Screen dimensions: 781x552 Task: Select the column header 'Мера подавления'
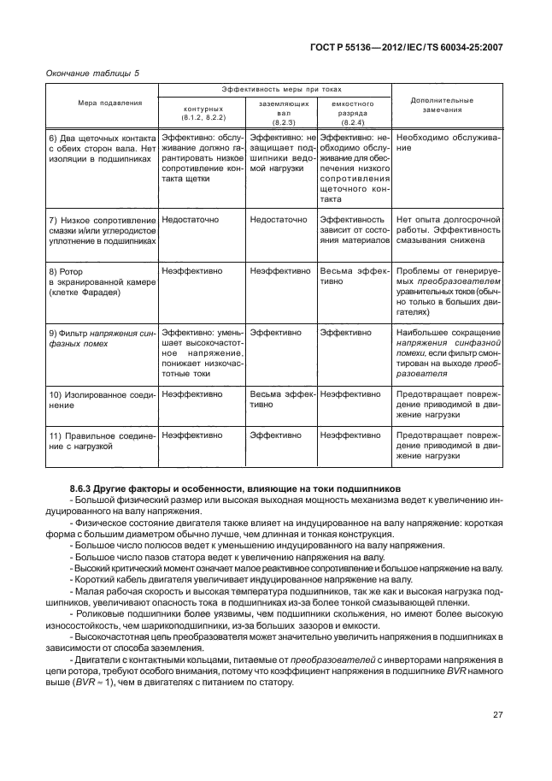point(100,102)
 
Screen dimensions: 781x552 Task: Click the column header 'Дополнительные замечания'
point(442,104)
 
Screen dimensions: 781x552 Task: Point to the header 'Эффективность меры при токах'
point(273,90)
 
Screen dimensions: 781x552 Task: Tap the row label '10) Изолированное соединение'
point(100,399)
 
